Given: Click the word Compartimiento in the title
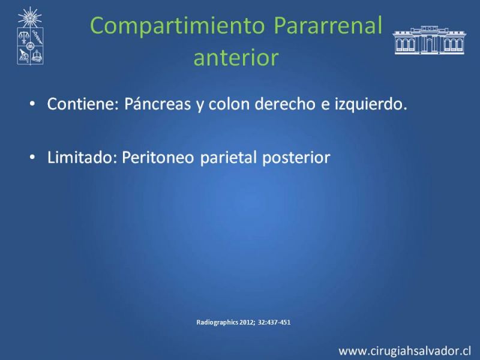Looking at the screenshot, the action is [x=177, y=26].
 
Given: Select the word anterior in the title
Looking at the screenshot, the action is [x=236, y=57].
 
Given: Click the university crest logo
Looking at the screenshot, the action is [x=30, y=36].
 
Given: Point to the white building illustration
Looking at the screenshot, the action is [x=429, y=40].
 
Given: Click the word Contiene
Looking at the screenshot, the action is [x=83, y=104].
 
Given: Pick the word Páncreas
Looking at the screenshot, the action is [x=157, y=104].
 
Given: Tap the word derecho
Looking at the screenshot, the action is [x=285, y=104].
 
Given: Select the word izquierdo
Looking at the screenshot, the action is [x=371, y=104].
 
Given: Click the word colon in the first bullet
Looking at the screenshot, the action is [x=229, y=104].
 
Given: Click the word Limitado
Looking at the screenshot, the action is [x=82, y=157].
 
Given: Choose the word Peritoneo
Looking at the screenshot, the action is [x=158, y=158].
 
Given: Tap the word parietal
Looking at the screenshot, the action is [x=229, y=158].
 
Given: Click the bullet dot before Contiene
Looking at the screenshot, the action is [x=32, y=104].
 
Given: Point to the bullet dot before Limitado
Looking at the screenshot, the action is [x=32, y=157].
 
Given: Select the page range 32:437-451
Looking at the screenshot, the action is [x=274, y=322].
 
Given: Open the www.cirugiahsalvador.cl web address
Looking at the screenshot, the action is [x=404, y=351].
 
